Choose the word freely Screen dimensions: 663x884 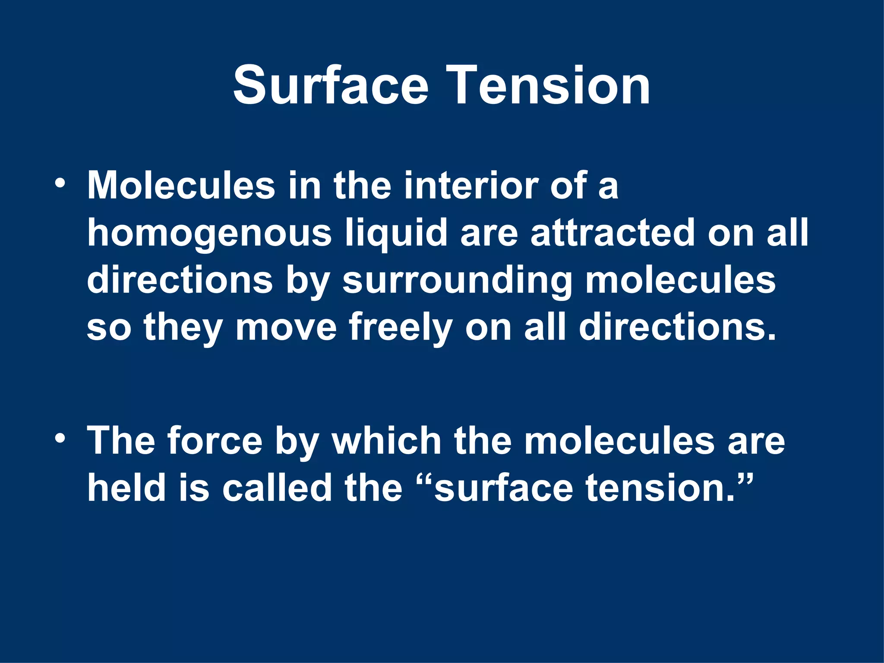point(401,328)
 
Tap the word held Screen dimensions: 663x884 point(127,488)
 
